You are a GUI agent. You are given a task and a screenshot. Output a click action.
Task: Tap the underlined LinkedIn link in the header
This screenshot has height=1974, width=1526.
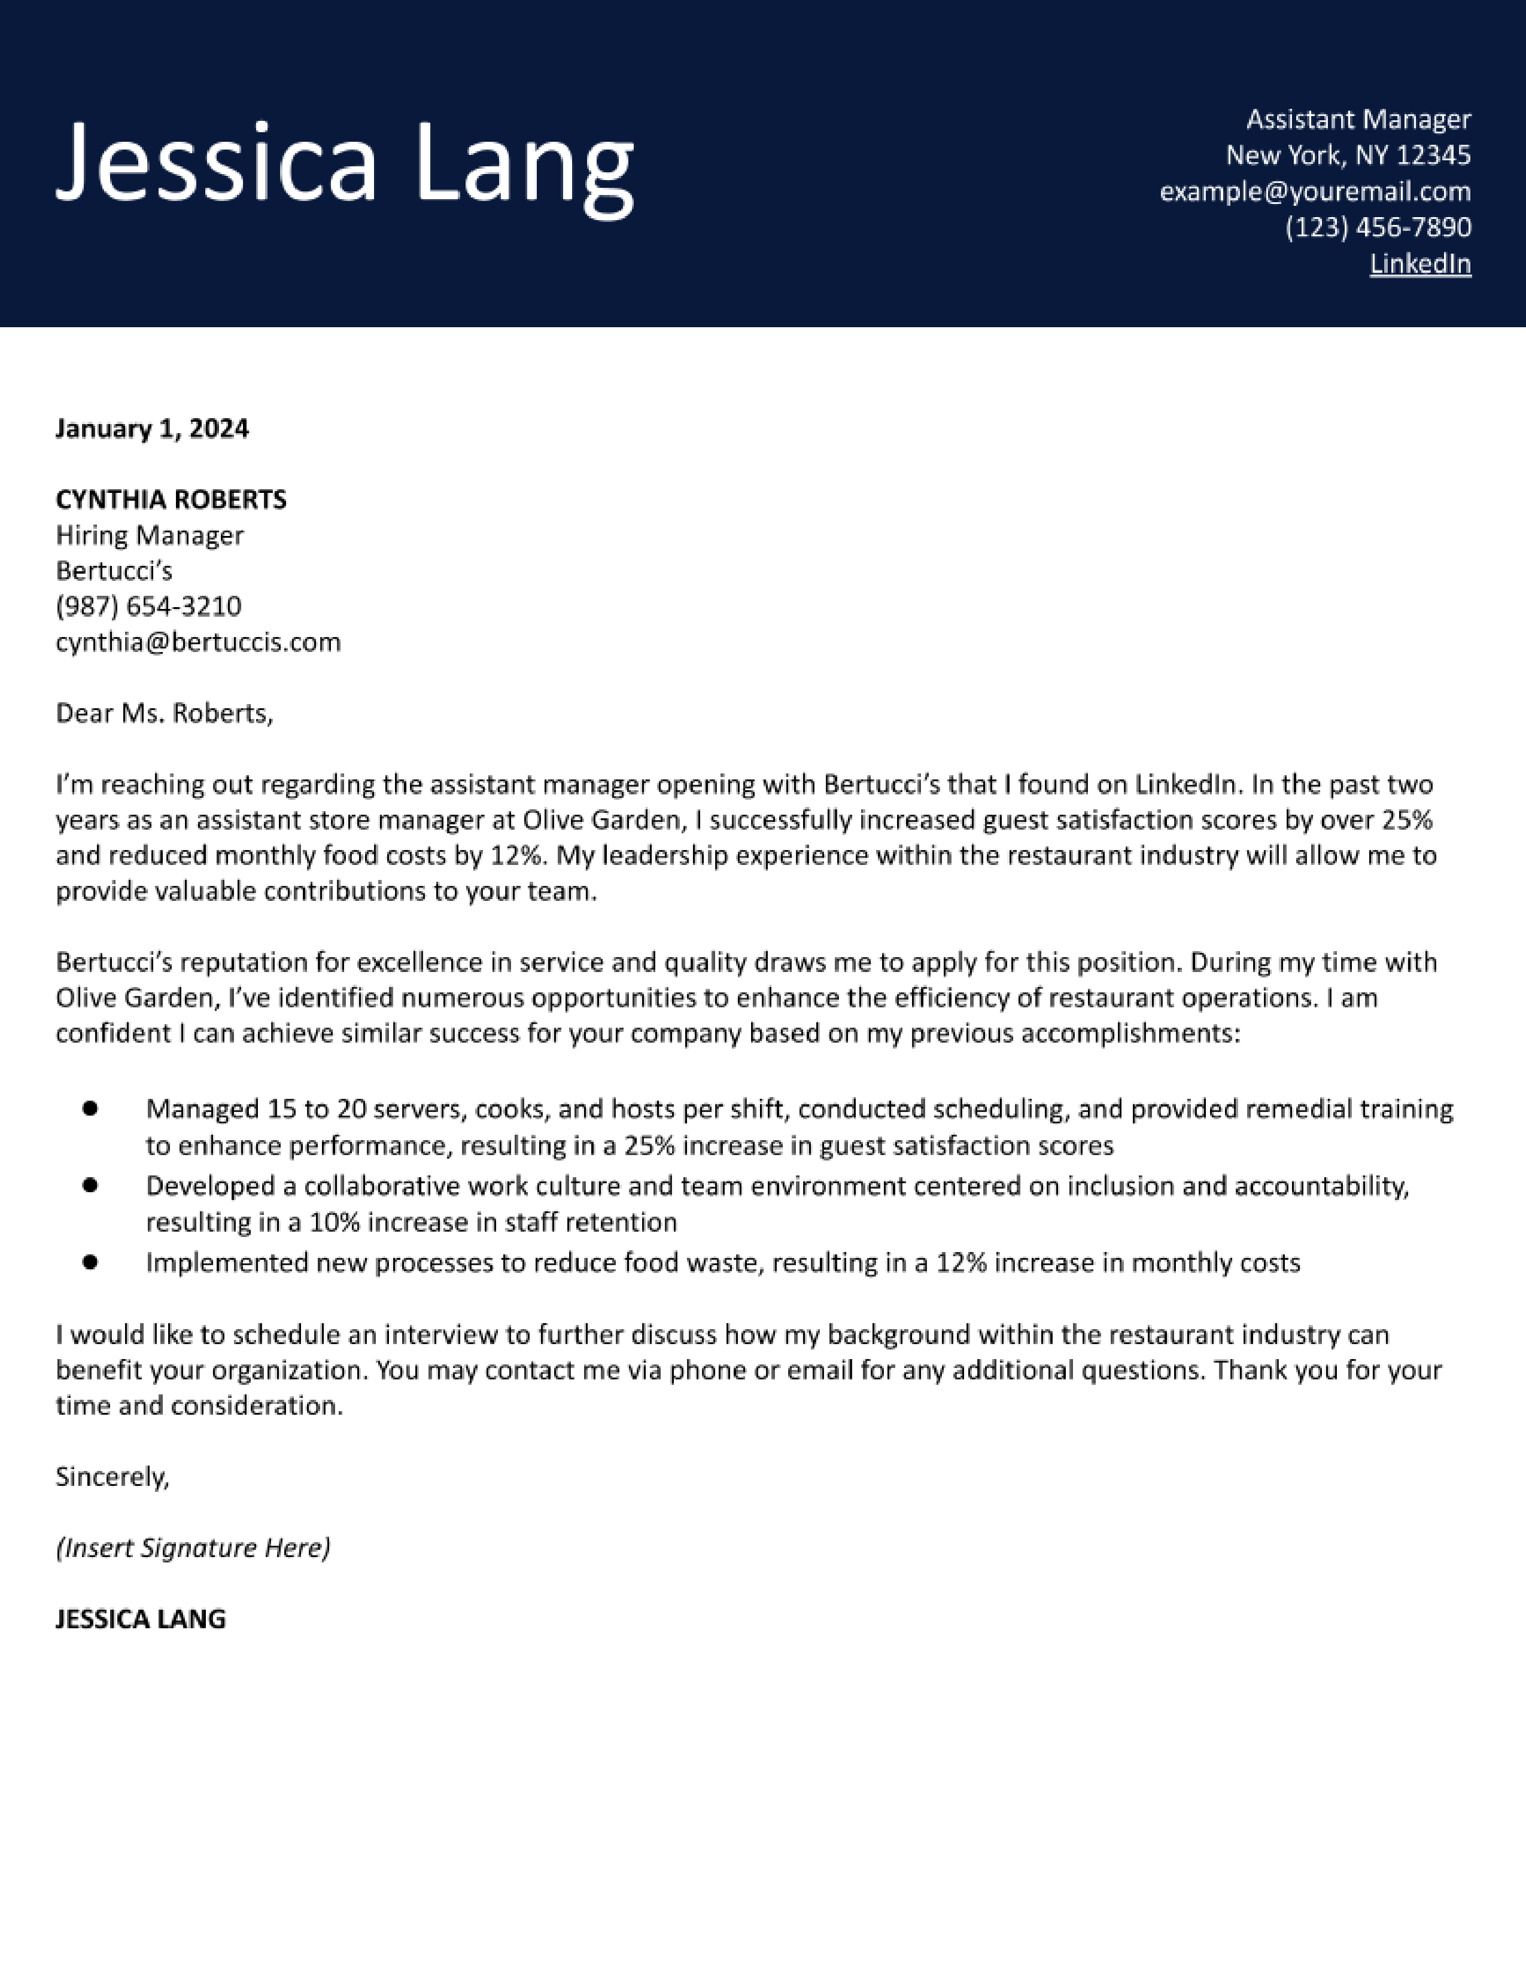point(1419,264)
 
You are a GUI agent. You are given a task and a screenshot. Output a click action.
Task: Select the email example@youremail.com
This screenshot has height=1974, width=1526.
point(1315,191)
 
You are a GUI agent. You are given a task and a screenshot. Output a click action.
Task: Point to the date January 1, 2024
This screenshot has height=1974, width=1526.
point(152,428)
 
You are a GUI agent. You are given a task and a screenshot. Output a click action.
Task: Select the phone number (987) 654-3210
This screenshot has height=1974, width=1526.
point(148,607)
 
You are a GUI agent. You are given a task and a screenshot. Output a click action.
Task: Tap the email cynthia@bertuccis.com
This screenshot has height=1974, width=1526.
point(198,642)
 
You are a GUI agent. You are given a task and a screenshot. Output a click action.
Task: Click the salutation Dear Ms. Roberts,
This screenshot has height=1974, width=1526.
point(163,714)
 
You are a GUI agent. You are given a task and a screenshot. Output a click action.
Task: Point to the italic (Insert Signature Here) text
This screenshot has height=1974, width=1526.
point(193,1548)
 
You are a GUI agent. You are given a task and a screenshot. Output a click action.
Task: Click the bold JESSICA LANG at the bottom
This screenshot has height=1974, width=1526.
point(140,1619)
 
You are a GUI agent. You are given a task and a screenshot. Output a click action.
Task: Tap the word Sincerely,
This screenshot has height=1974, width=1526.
point(112,1477)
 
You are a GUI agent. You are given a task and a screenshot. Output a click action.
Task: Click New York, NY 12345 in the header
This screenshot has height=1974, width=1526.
point(1348,156)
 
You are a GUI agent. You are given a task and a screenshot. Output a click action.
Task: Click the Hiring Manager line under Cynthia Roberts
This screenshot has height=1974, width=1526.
point(149,535)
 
